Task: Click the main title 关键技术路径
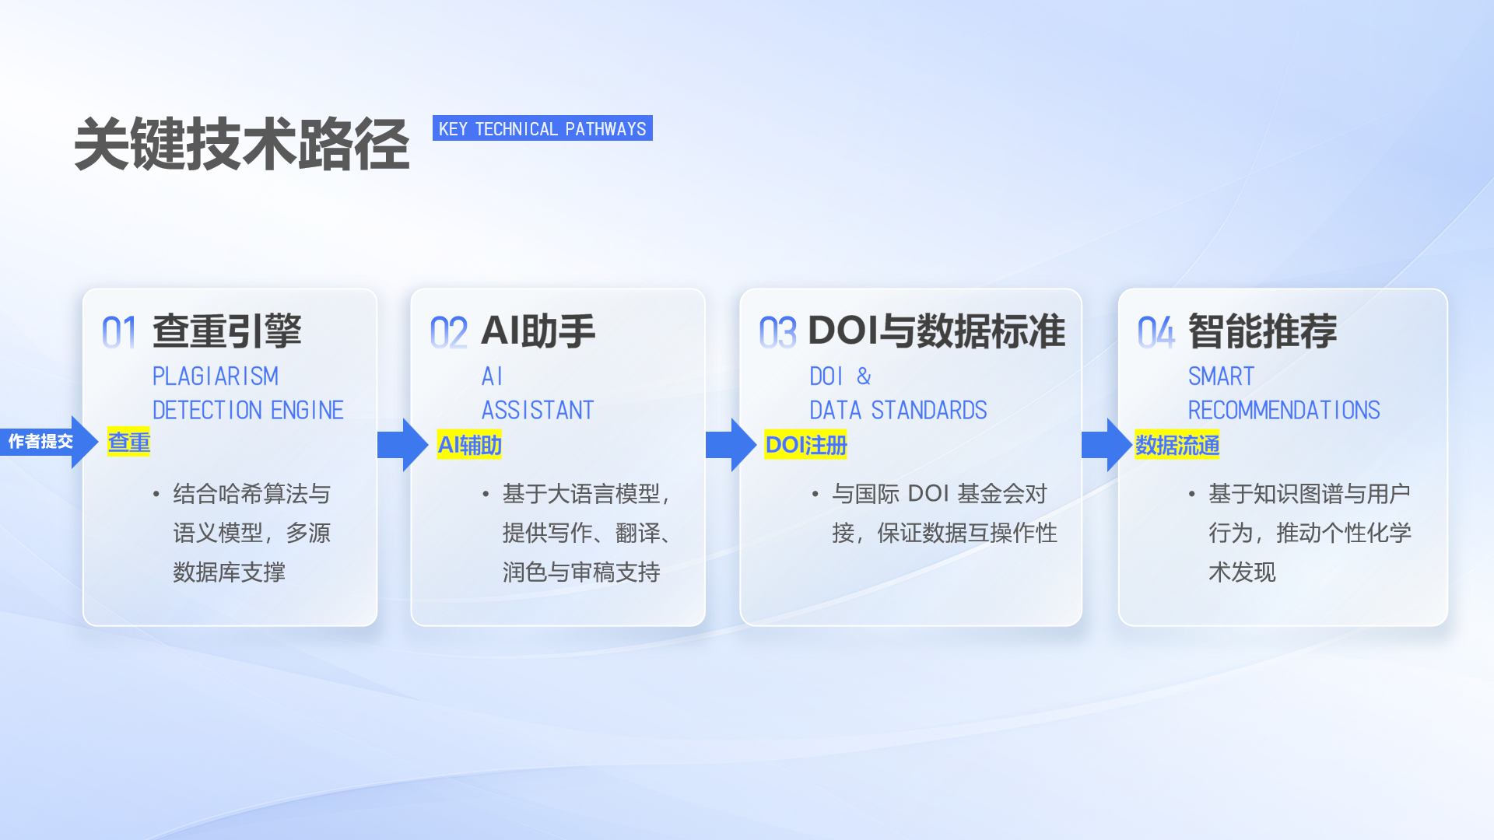point(241,145)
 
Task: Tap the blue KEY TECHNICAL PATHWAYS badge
point(542,128)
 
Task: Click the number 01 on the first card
point(119,333)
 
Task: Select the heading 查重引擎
point(226,331)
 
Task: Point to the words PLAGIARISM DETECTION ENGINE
point(247,394)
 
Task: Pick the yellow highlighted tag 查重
point(128,442)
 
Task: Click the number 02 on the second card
point(448,333)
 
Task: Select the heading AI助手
point(538,331)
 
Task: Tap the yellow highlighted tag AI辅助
point(469,445)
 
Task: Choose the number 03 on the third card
point(777,333)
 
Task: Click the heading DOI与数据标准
point(936,331)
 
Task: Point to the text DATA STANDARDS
point(898,410)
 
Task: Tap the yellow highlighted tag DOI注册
point(805,445)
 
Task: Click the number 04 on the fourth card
point(1156,333)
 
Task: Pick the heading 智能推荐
point(1262,331)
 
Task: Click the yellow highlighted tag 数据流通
point(1177,445)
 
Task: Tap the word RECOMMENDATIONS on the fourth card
point(1284,410)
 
